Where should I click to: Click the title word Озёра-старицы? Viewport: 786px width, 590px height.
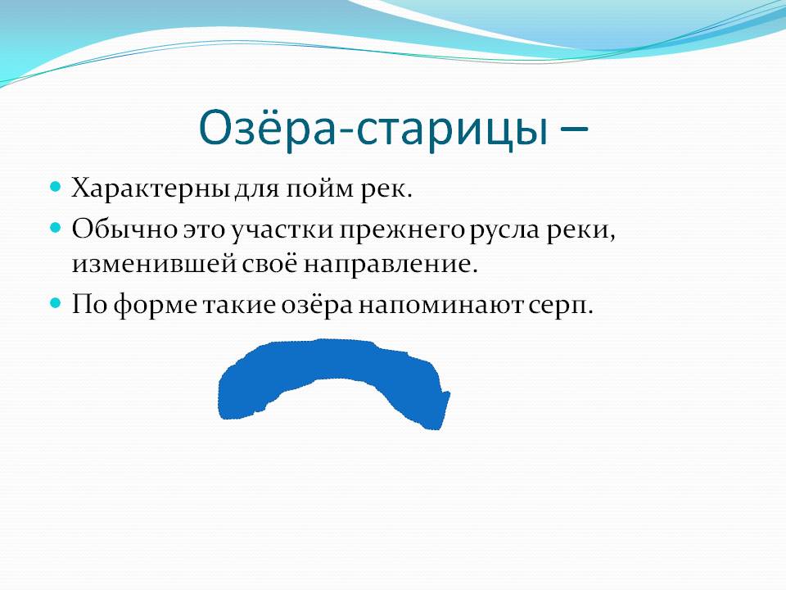tap(373, 129)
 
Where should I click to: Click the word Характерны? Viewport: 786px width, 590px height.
tap(151, 188)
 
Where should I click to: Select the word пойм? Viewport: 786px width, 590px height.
tap(320, 188)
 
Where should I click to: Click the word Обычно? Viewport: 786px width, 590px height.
tap(124, 229)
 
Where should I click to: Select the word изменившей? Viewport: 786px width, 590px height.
tap(154, 264)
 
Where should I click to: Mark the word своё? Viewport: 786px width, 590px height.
tap(269, 264)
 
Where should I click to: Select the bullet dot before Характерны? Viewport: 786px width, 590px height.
tap(55, 187)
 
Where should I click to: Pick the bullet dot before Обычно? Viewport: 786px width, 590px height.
tap(55, 227)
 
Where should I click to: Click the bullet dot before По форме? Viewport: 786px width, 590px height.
tap(55, 302)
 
